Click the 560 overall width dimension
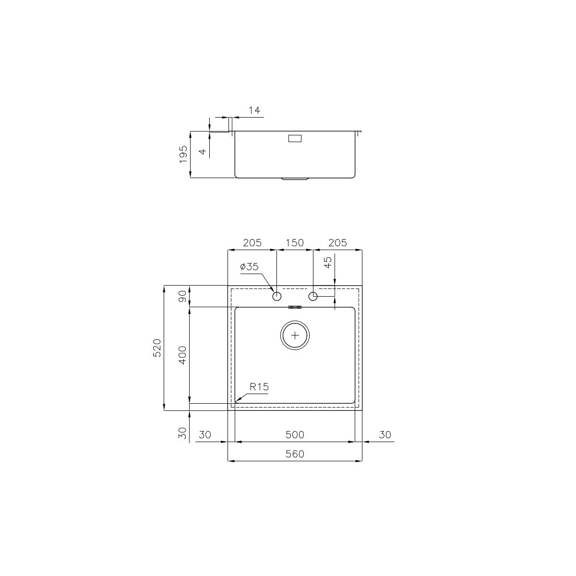pos(295,454)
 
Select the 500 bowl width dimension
pos(295,434)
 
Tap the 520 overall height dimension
pos(157,348)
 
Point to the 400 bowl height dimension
pos(182,355)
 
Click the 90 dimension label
pos(182,296)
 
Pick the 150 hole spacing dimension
pos(295,243)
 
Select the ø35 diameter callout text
pos(249,266)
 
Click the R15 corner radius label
pos(259,387)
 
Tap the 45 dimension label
pos(328,263)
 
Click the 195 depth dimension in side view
pos(183,154)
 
